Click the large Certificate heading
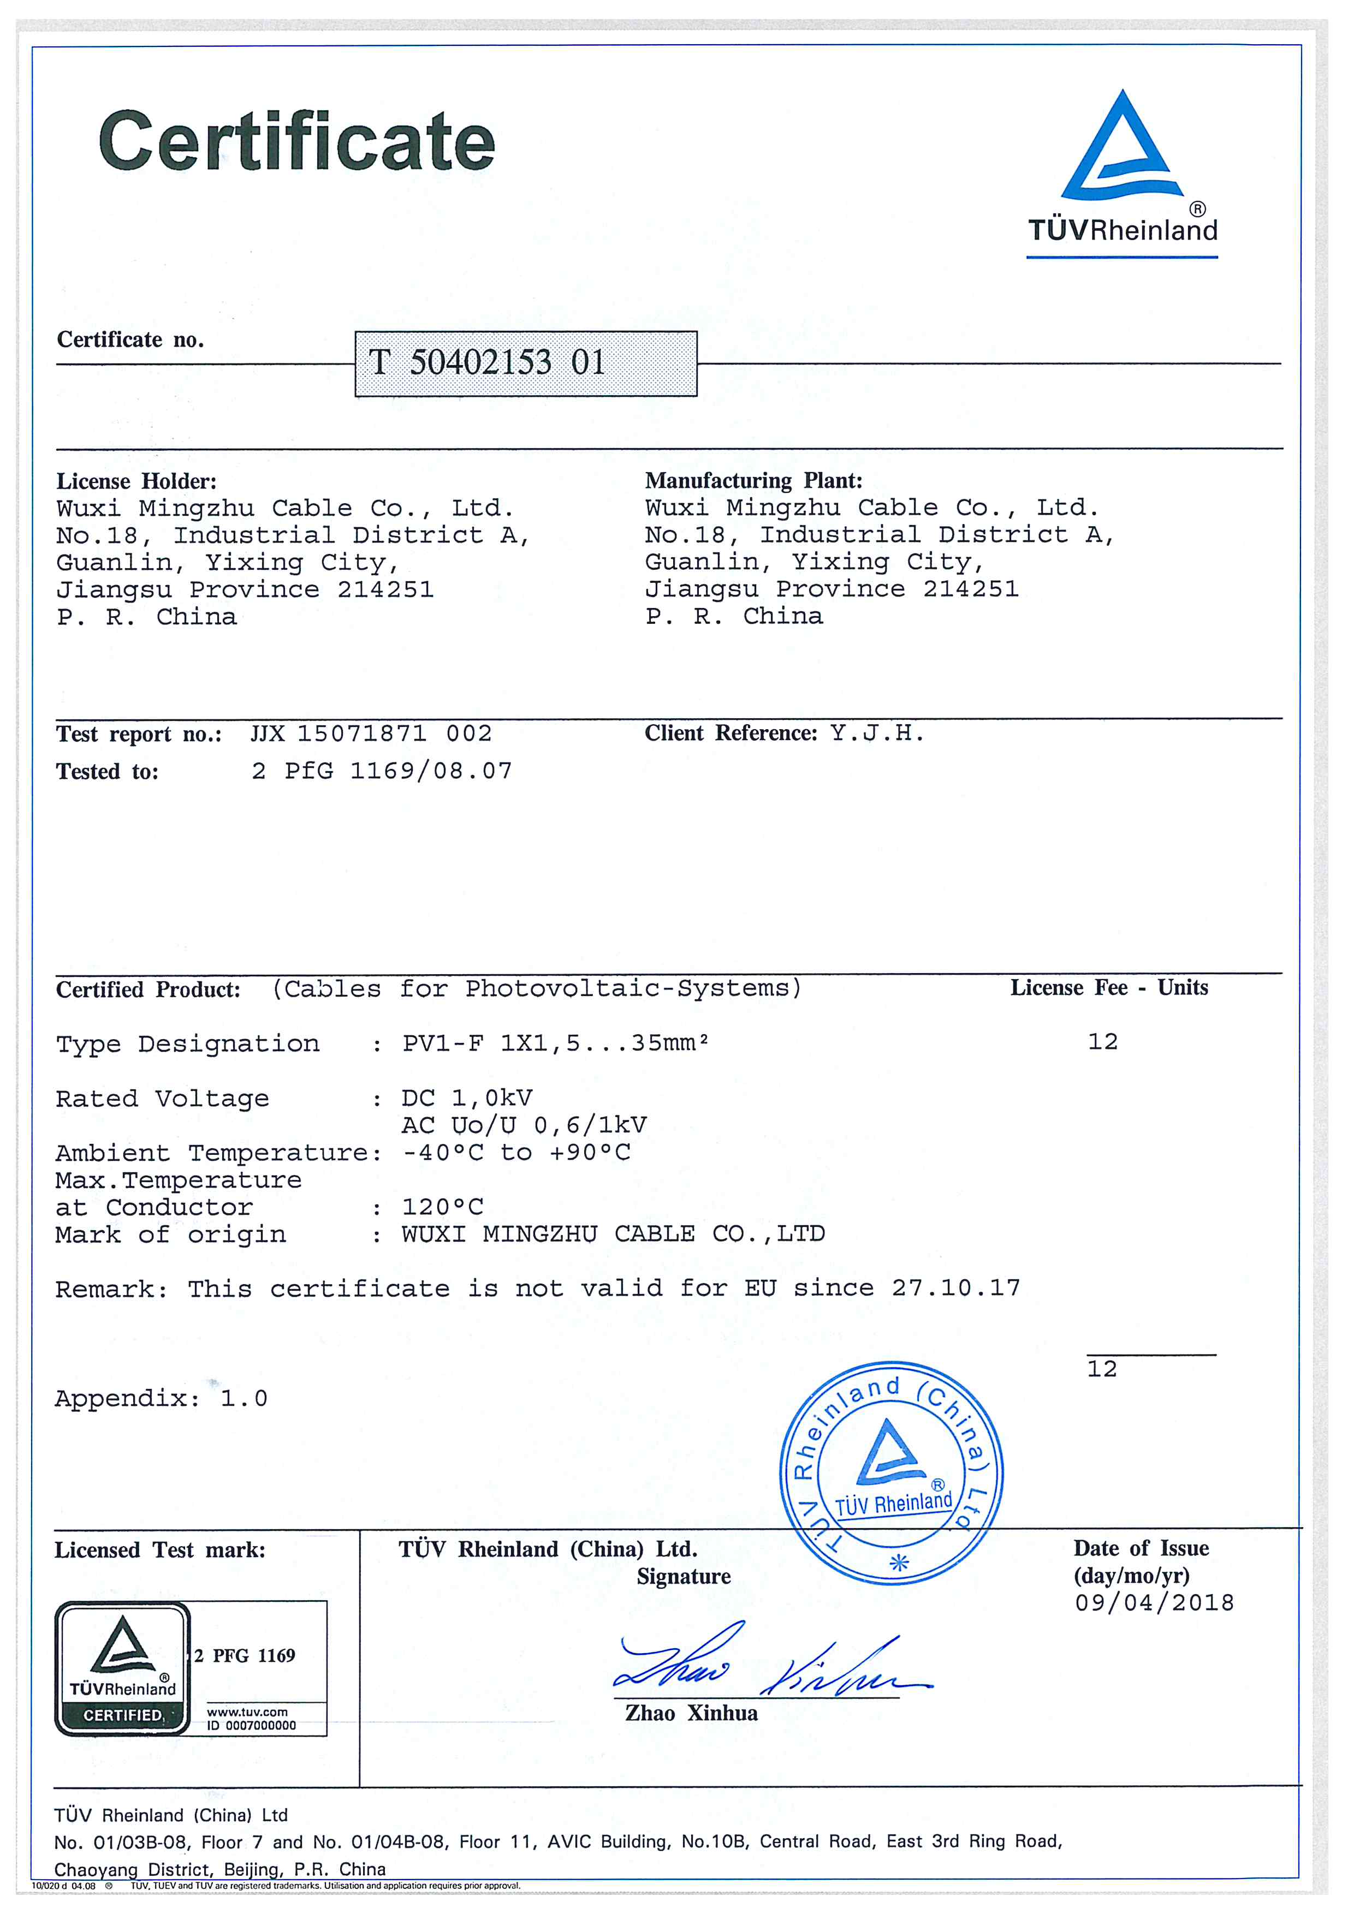297,142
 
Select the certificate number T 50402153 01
487,362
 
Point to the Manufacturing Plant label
753,480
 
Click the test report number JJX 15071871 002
371,734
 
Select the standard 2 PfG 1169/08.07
382,771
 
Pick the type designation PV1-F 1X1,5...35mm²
555,1043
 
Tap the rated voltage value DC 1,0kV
467,1098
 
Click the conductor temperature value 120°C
443,1207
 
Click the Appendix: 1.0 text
161,1398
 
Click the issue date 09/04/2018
1154,1602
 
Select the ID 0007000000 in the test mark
251,1726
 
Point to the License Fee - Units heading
1109,988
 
